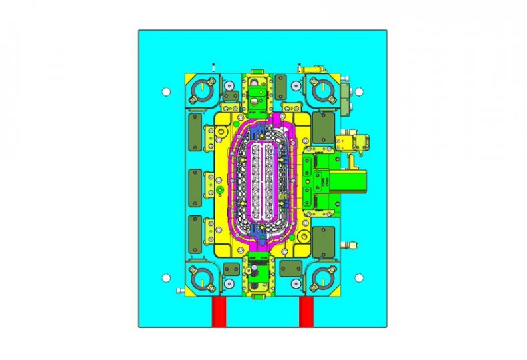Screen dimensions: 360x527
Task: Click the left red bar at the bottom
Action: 219,312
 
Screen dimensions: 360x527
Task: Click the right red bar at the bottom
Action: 306,312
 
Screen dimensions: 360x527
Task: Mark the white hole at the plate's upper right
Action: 358,91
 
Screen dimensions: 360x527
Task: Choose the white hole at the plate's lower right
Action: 358,277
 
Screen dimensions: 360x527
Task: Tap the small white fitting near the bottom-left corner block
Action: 179,291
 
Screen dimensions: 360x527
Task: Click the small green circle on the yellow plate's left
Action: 219,191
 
